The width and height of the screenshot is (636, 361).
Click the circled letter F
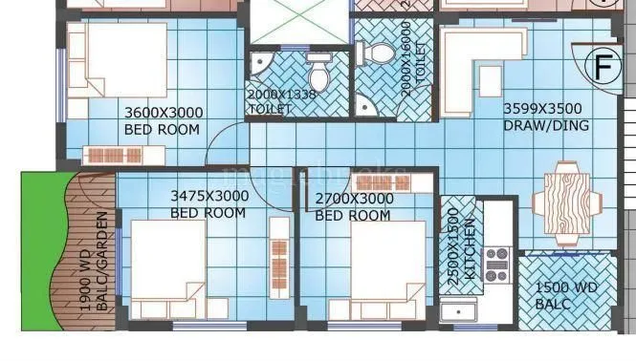pos(603,67)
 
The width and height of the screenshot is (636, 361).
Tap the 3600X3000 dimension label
pos(164,112)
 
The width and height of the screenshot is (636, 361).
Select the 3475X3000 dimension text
pos(209,196)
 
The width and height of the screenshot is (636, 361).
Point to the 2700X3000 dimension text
pos(353,199)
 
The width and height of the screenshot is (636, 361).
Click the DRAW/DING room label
pos(546,125)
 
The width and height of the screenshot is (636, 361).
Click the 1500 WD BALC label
pos(566,295)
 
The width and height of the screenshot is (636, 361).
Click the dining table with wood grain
pos(565,202)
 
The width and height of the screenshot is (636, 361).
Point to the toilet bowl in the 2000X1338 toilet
pos(318,70)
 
